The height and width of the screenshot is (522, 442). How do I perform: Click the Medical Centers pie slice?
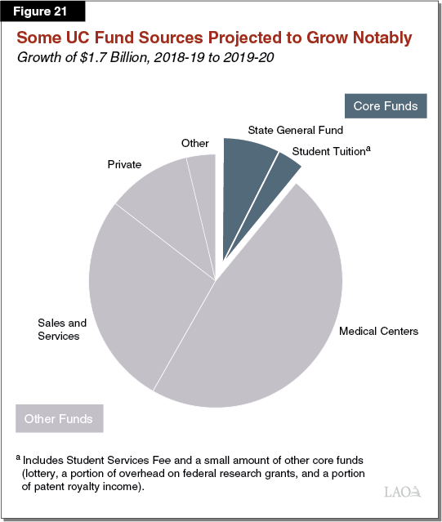(270, 319)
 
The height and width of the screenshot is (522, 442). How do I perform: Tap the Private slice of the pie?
(159, 196)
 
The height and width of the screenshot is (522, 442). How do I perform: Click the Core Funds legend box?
(386, 106)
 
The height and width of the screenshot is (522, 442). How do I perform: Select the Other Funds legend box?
(58, 419)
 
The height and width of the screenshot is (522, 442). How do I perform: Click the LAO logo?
(402, 492)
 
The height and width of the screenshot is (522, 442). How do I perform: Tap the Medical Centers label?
(378, 331)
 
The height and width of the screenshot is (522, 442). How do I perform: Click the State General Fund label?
(295, 129)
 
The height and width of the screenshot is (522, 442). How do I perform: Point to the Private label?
(125, 164)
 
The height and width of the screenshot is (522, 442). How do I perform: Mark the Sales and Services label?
(59, 329)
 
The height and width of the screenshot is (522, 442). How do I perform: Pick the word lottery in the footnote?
(45, 473)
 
